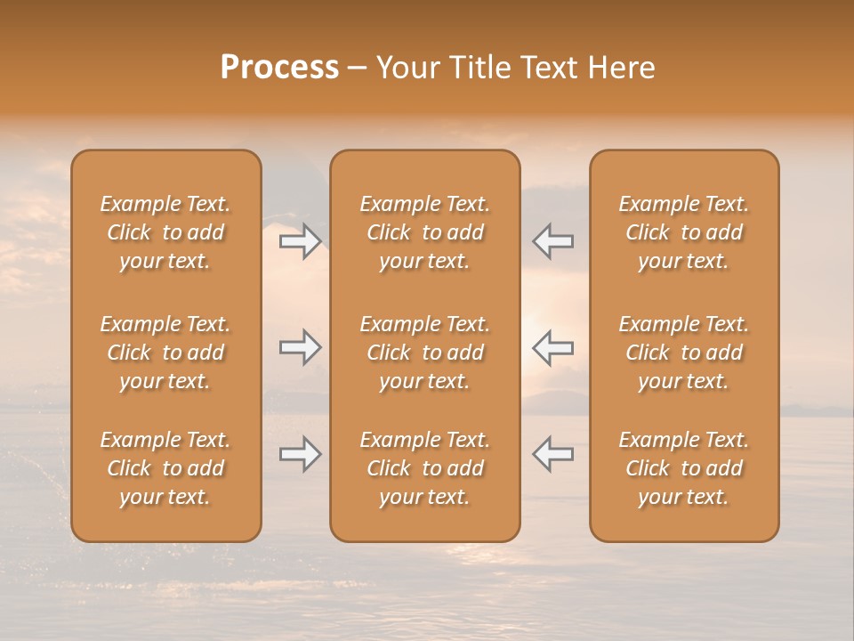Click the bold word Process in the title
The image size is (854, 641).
[x=279, y=68]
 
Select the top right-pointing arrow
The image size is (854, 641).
[x=301, y=241]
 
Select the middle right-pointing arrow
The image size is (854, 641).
[x=301, y=347]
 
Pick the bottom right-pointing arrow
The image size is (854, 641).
[x=301, y=454]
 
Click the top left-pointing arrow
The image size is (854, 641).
[x=552, y=241]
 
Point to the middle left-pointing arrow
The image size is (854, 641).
[x=552, y=347]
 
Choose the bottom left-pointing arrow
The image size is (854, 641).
[x=552, y=454]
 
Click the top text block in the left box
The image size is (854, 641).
[x=165, y=232]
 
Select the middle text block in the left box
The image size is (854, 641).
[x=165, y=353]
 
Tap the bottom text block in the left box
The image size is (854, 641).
[x=165, y=468]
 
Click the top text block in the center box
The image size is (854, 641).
[x=424, y=232]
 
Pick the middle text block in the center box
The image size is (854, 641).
[x=424, y=353]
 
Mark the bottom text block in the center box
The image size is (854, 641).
[x=424, y=468]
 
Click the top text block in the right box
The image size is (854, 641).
[x=683, y=232]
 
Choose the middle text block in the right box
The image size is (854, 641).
[x=683, y=353]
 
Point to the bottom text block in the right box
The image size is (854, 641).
[x=683, y=468]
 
